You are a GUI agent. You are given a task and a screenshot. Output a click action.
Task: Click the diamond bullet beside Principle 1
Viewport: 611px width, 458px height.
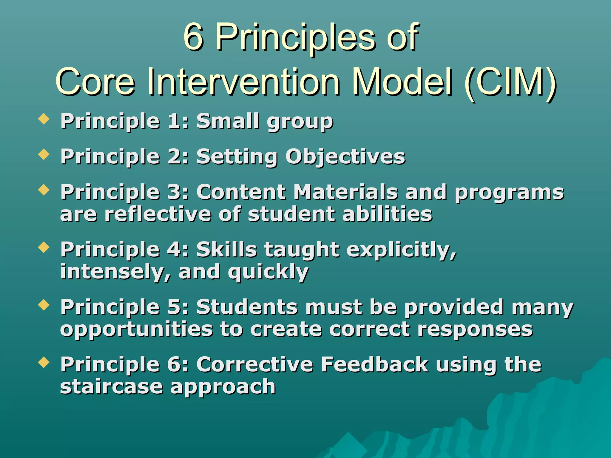click(44, 119)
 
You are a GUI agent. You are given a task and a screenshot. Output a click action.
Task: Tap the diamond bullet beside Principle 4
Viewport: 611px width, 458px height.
click(44, 247)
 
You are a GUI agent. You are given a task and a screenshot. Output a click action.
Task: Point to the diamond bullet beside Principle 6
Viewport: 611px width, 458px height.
click(44, 363)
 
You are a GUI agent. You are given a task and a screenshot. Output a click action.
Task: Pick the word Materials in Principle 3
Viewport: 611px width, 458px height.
click(346, 192)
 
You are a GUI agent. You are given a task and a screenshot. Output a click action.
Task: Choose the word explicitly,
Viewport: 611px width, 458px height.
click(401, 250)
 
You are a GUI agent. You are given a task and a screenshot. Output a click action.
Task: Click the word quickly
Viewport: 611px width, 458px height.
click(268, 272)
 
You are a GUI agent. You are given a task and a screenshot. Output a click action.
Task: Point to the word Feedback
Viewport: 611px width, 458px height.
click(374, 364)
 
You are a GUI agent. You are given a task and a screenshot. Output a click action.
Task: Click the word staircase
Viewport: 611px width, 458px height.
click(111, 387)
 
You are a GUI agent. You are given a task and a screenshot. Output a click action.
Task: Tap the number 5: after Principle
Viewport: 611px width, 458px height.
click(178, 307)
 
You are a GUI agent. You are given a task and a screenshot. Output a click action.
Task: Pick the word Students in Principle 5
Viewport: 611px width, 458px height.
click(247, 307)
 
